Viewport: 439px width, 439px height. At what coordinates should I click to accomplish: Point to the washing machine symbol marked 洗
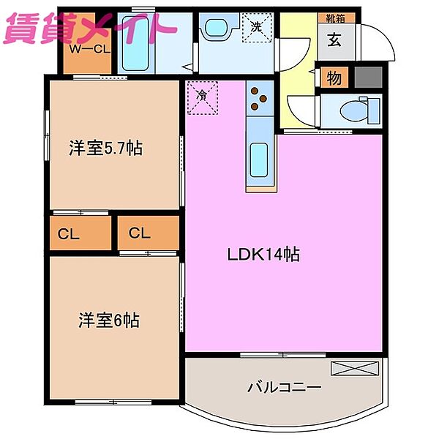(258, 29)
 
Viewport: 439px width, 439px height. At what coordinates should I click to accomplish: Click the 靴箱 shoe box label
(336, 18)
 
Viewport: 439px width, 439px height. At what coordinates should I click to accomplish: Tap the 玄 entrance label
(335, 40)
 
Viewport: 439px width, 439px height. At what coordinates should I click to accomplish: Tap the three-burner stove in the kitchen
(259, 98)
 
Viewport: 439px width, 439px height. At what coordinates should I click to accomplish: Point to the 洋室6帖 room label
(109, 320)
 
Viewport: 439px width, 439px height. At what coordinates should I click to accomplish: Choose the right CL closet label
(140, 234)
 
